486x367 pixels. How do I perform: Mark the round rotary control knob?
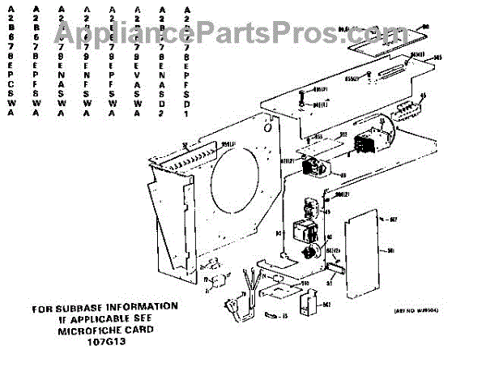[308, 253]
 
